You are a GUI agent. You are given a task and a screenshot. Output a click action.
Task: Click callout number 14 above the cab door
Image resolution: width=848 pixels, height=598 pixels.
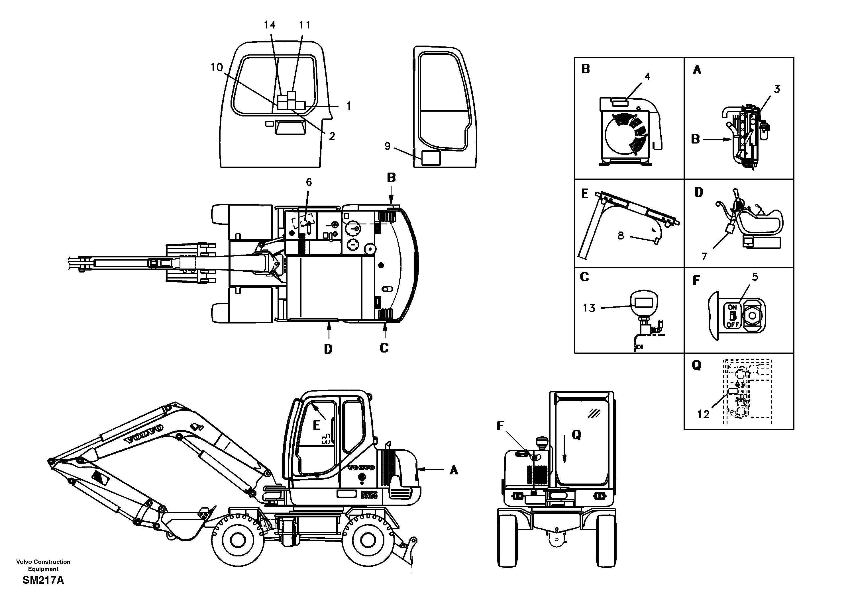coord(270,25)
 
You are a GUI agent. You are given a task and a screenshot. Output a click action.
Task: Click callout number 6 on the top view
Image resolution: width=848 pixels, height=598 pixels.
coord(309,182)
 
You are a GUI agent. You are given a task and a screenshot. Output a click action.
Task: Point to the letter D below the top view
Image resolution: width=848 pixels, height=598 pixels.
coord(328,349)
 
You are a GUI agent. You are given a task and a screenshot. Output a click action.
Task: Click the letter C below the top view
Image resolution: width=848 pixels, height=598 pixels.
coord(384,348)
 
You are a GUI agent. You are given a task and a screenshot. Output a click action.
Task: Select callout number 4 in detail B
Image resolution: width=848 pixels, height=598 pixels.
coord(647,77)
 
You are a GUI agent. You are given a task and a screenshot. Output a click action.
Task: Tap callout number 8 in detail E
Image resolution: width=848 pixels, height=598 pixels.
coord(621,235)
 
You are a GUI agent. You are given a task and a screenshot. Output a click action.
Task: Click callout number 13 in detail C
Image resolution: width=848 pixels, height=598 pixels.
coord(589,308)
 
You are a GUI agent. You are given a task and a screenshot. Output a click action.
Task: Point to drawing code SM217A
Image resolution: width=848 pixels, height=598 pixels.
coord(43,580)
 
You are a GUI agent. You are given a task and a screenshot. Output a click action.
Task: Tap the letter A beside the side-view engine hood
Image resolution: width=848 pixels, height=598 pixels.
coord(454,470)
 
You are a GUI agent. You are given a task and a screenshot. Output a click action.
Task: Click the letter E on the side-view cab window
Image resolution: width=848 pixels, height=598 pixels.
coord(317,426)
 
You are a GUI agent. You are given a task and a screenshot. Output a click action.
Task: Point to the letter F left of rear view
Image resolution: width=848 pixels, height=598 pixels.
coord(500,426)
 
